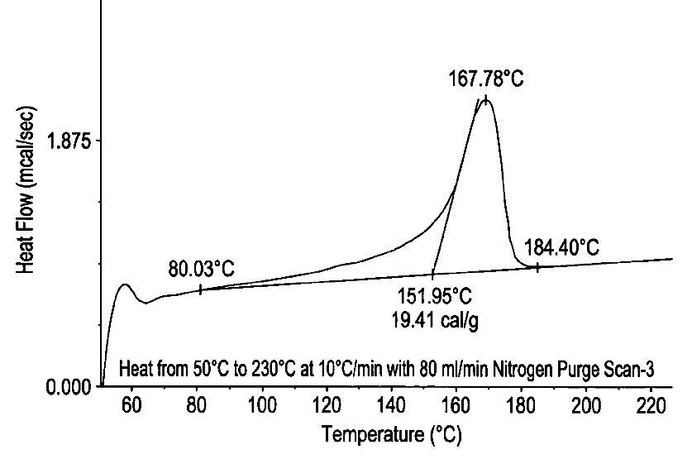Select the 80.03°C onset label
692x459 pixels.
pyautogui.click(x=202, y=270)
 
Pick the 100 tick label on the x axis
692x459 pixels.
pyautogui.click(x=261, y=405)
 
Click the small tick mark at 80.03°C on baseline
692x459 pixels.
pyautogui.click(x=200, y=289)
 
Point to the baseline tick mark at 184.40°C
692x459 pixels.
pyautogui.click(x=538, y=267)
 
